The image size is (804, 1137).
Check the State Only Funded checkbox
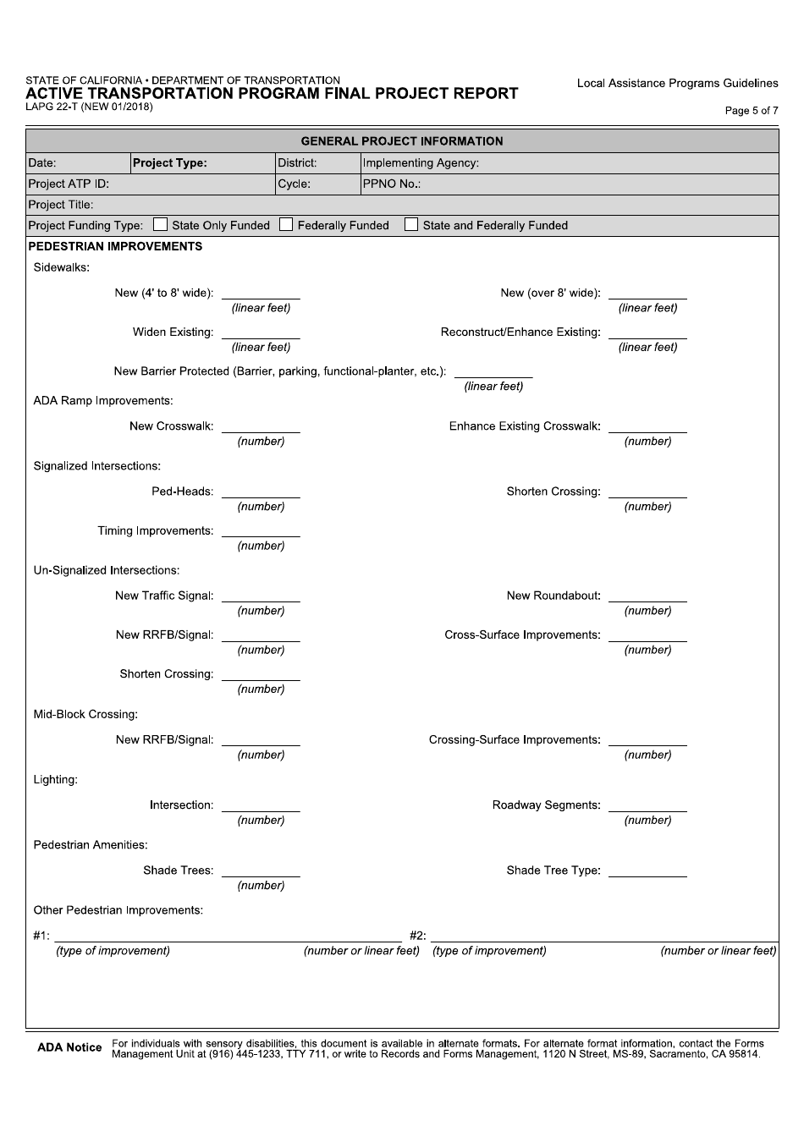pyautogui.click(x=160, y=225)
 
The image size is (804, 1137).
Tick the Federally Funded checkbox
pyautogui.click(x=286, y=225)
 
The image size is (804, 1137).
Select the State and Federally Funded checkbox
pyautogui.click(x=411, y=225)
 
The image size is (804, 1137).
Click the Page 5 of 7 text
pyautogui.click(x=752, y=111)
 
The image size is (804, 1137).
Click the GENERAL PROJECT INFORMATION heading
pyautogui.click(x=402, y=141)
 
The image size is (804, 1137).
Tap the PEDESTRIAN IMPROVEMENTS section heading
pyautogui.click(x=115, y=247)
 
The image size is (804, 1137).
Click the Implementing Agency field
pyautogui.click(x=569, y=163)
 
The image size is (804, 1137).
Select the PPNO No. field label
pyautogui.click(x=392, y=184)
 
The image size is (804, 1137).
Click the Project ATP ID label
pyautogui.click(x=69, y=184)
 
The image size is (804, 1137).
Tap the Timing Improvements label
pyautogui.click(x=155, y=531)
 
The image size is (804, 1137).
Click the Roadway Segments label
pyautogui.click(x=546, y=805)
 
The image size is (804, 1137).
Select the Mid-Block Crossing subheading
pyautogui.click(x=85, y=715)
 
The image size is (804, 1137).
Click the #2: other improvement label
pyautogui.click(x=417, y=936)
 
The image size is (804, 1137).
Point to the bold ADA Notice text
pyautogui.click(x=69, y=1048)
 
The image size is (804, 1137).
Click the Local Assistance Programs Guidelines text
pyautogui.click(x=677, y=84)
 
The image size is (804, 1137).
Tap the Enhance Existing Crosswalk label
pyautogui.click(x=524, y=426)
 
